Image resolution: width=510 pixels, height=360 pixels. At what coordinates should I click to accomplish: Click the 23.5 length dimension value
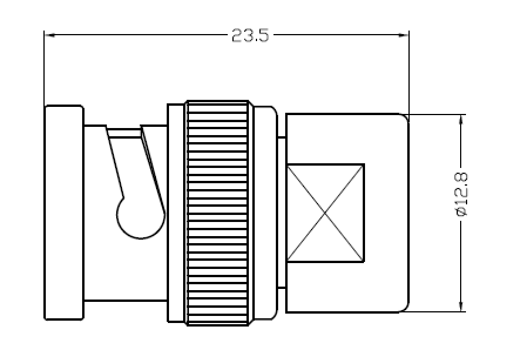250,35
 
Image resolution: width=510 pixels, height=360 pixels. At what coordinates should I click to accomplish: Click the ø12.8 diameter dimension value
461,194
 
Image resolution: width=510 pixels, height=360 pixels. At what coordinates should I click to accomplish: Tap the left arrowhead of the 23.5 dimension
49,35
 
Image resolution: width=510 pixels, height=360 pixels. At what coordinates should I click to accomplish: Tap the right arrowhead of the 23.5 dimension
404,35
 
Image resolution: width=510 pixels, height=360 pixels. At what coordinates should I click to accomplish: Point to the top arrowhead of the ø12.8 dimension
461,120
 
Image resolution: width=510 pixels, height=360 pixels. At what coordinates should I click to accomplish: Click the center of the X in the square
325,213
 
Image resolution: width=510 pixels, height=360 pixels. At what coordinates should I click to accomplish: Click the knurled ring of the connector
217,213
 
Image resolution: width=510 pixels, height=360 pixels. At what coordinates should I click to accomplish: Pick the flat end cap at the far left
64,212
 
